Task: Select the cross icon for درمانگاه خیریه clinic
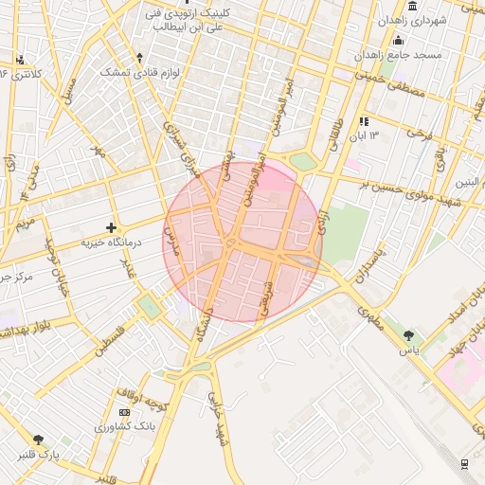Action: (x=112, y=227)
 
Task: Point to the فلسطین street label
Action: (x=109, y=336)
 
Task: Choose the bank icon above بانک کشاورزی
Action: (x=124, y=413)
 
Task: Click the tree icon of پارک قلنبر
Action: (x=39, y=440)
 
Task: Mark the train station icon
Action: (x=464, y=462)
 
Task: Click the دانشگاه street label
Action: (x=202, y=322)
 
